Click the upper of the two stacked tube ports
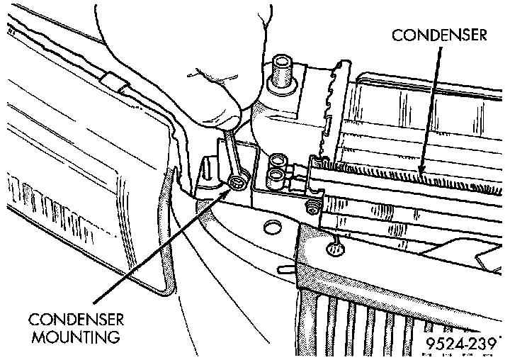point(278,161)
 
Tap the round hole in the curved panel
point(269,228)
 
